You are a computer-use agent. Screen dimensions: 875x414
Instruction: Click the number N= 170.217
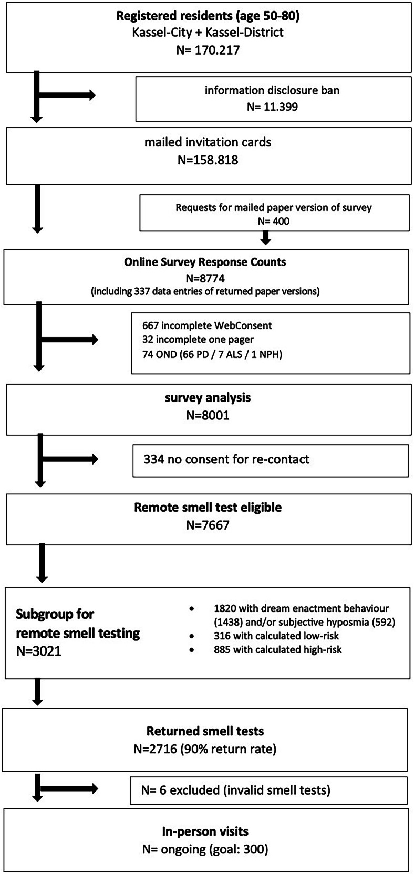point(208,50)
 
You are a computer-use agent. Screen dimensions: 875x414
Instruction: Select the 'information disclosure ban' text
point(272,90)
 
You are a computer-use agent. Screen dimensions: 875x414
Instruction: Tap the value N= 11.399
point(272,107)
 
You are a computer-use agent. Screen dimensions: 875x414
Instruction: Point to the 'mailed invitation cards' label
point(208,142)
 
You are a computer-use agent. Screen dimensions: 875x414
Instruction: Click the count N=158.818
point(208,160)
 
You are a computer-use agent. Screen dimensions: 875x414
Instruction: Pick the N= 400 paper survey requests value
point(273,221)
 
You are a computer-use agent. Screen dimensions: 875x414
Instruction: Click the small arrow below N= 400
point(266,239)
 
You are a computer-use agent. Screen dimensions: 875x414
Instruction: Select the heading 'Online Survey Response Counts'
point(205,261)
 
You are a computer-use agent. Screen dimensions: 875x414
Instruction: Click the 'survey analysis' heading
point(208,397)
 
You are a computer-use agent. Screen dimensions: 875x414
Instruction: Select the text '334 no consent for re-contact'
point(226,459)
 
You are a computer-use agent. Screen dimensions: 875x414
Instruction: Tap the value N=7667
point(208,525)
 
